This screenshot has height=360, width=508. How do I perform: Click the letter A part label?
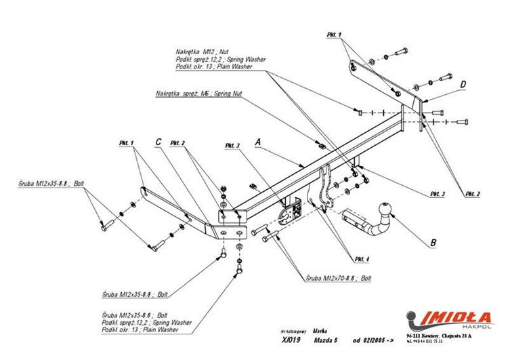click(x=257, y=143)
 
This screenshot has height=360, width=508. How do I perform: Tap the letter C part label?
click(x=158, y=142)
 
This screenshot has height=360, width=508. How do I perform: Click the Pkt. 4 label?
click(x=361, y=259)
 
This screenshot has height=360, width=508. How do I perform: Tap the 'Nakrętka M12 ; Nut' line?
click(x=203, y=52)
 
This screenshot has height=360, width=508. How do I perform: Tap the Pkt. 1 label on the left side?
click(x=127, y=142)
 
